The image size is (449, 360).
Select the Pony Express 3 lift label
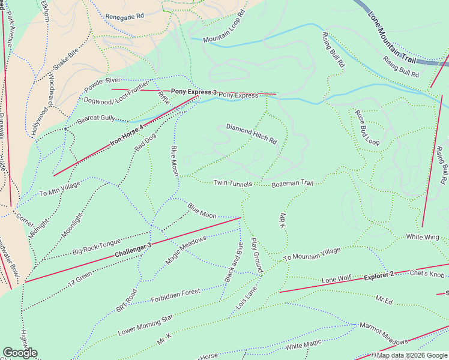point(194,92)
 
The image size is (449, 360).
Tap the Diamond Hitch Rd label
point(252,134)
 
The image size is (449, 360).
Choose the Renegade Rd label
point(125,16)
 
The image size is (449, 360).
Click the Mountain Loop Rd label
point(224,27)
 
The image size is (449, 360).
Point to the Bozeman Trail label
point(292,184)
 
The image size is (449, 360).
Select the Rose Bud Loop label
point(367,128)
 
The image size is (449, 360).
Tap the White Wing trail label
point(423,238)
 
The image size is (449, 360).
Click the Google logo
point(20,353)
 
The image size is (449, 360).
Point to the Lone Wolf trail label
point(336,280)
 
